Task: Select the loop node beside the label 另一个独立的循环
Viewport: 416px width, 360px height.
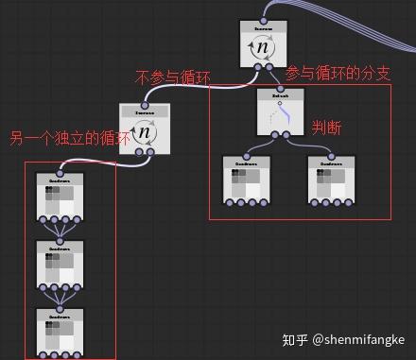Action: click(144, 130)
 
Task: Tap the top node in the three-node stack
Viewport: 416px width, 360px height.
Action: click(59, 197)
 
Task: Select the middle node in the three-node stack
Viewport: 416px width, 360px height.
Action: click(59, 265)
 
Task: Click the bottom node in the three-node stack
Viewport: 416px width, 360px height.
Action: click(59, 332)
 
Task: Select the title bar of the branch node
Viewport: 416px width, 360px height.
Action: click(280, 94)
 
